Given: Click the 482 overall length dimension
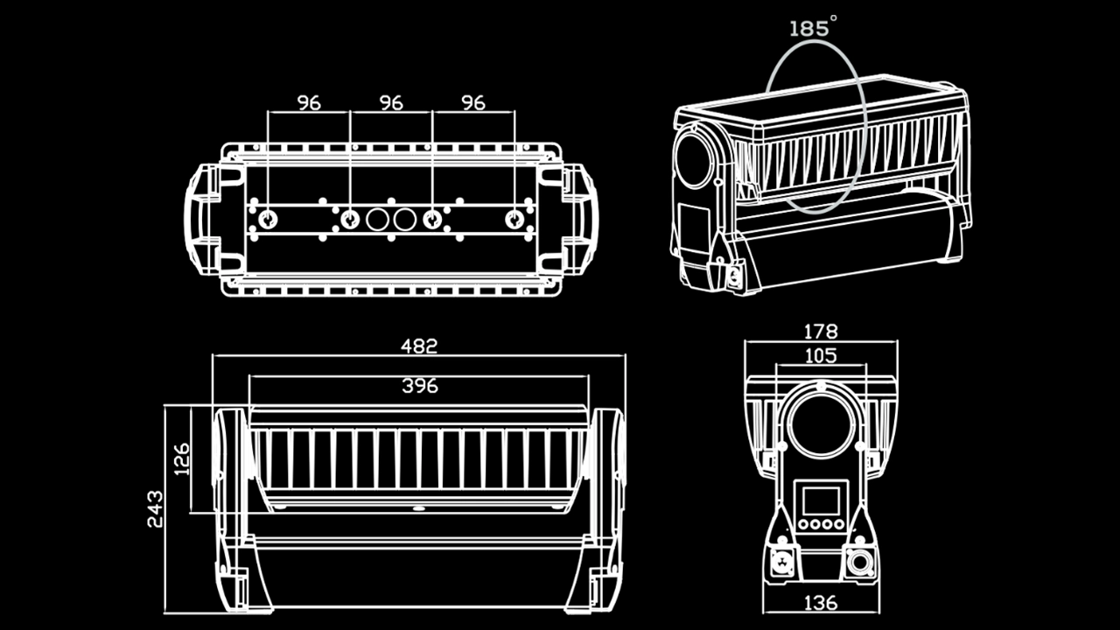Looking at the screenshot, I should click(419, 346).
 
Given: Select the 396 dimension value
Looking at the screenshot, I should click(419, 385).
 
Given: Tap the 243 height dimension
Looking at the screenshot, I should click(154, 507).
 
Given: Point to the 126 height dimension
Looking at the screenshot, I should click(181, 458).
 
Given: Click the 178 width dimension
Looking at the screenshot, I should click(820, 331).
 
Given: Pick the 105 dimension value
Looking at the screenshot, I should click(820, 355).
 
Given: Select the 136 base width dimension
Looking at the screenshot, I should click(820, 603).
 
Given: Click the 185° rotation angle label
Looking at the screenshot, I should click(809, 28).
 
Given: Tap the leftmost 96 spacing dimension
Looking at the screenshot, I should click(309, 102).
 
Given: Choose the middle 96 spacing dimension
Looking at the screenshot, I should click(391, 102).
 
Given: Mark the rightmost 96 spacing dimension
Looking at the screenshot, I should click(473, 102).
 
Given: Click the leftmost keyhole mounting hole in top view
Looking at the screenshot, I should click(268, 219).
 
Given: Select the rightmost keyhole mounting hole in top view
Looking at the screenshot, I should click(514, 219).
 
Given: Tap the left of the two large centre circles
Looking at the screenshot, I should click(377, 219).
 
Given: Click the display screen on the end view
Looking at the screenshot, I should click(821, 501).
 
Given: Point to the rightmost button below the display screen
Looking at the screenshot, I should click(838, 525).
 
